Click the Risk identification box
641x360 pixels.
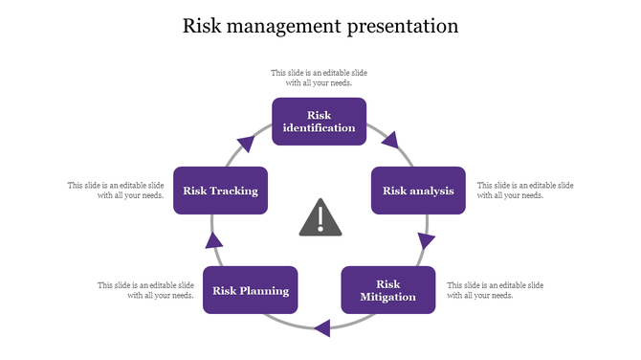click(x=319, y=122)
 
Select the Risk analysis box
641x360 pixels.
click(x=418, y=191)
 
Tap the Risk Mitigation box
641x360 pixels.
click(x=387, y=290)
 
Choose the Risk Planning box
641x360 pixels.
click(x=251, y=290)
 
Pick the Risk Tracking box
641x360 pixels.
click(x=220, y=191)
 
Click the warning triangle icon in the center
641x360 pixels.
click(x=320, y=218)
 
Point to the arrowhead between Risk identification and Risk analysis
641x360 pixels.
click(x=388, y=142)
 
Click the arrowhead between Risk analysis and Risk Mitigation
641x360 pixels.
click(x=425, y=240)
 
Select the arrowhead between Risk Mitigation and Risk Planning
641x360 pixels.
click(x=322, y=327)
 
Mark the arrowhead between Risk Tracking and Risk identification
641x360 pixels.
click(x=247, y=144)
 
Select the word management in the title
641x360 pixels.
click(x=284, y=26)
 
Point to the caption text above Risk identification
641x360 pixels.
click(x=319, y=78)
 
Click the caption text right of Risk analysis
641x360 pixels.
click(x=525, y=190)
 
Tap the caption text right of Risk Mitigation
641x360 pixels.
click(x=496, y=290)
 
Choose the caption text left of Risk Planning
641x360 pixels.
click(x=146, y=290)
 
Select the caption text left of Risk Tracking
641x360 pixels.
click(x=116, y=190)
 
